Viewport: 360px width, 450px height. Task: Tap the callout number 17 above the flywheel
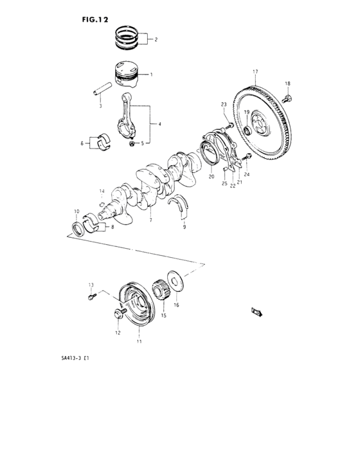pyautogui.click(x=255, y=71)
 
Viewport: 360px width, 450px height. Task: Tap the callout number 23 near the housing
pyautogui.click(x=224, y=104)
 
